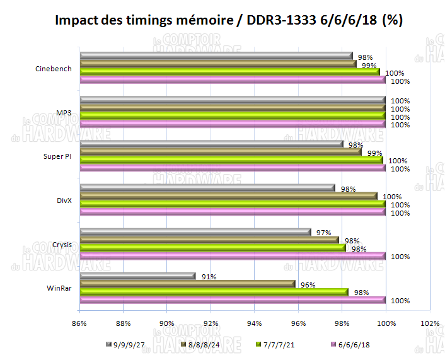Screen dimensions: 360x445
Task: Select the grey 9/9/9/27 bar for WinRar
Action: coord(139,276)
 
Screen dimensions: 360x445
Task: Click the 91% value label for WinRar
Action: coord(209,276)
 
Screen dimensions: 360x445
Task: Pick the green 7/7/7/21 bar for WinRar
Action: coord(214,292)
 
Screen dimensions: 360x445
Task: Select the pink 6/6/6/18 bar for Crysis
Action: coord(233,256)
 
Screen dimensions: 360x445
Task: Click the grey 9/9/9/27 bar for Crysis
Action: coord(196,232)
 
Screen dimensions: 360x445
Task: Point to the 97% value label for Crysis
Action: coord(324,233)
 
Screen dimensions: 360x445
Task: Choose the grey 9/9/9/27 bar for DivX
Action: coord(208,188)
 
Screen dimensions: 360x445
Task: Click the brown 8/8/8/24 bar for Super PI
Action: coord(221,152)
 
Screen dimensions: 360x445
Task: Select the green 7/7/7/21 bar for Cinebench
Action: coord(231,72)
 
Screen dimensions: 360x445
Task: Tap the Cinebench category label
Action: coord(54,69)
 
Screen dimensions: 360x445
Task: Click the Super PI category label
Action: coord(57,156)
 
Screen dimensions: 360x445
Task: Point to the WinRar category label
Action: coord(59,288)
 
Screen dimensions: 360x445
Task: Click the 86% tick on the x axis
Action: coord(79,324)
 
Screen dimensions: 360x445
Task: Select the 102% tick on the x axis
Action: coord(430,324)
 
